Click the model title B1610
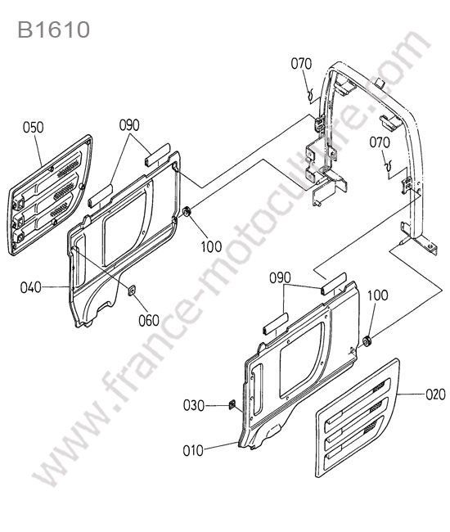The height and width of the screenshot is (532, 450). pyautogui.click(x=53, y=29)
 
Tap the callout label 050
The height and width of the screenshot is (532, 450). pyautogui.click(x=34, y=128)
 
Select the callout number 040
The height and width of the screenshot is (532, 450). pyautogui.click(x=30, y=287)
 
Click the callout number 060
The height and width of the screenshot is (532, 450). pyautogui.click(x=149, y=320)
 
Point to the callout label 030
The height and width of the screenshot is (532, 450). pyautogui.click(x=194, y=405)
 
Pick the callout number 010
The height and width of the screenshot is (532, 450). pyautogui.click(x=193, y=451)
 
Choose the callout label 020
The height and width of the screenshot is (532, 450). pyautogui.click(x=435, y=394)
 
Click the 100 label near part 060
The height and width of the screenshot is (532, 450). pyautogui.click(x=211, y=246)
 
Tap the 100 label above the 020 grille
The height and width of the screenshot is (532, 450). pyautogui.click(x=378, y=295)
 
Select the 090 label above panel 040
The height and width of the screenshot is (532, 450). pyautogui.click(x=129, y=125)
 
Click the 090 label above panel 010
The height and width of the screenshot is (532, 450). pyautogui.click(x=280, y=278)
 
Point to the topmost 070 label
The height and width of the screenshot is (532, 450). pyautogui.click(x=301, y=64)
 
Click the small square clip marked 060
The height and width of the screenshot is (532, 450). pyautogui.click(x=132, y=290)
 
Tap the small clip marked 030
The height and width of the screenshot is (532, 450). pyautogui.click(x=232, y=404)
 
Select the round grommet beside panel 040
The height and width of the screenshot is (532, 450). pyautogui.click(x=187, y=212)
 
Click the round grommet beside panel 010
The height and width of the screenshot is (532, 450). pyautogui.click(x=367, y=341)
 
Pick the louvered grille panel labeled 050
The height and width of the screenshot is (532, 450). pyautogui.click(x=50, y=195)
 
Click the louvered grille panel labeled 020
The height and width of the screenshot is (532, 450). pyautogui.click(x=358, y=418)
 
